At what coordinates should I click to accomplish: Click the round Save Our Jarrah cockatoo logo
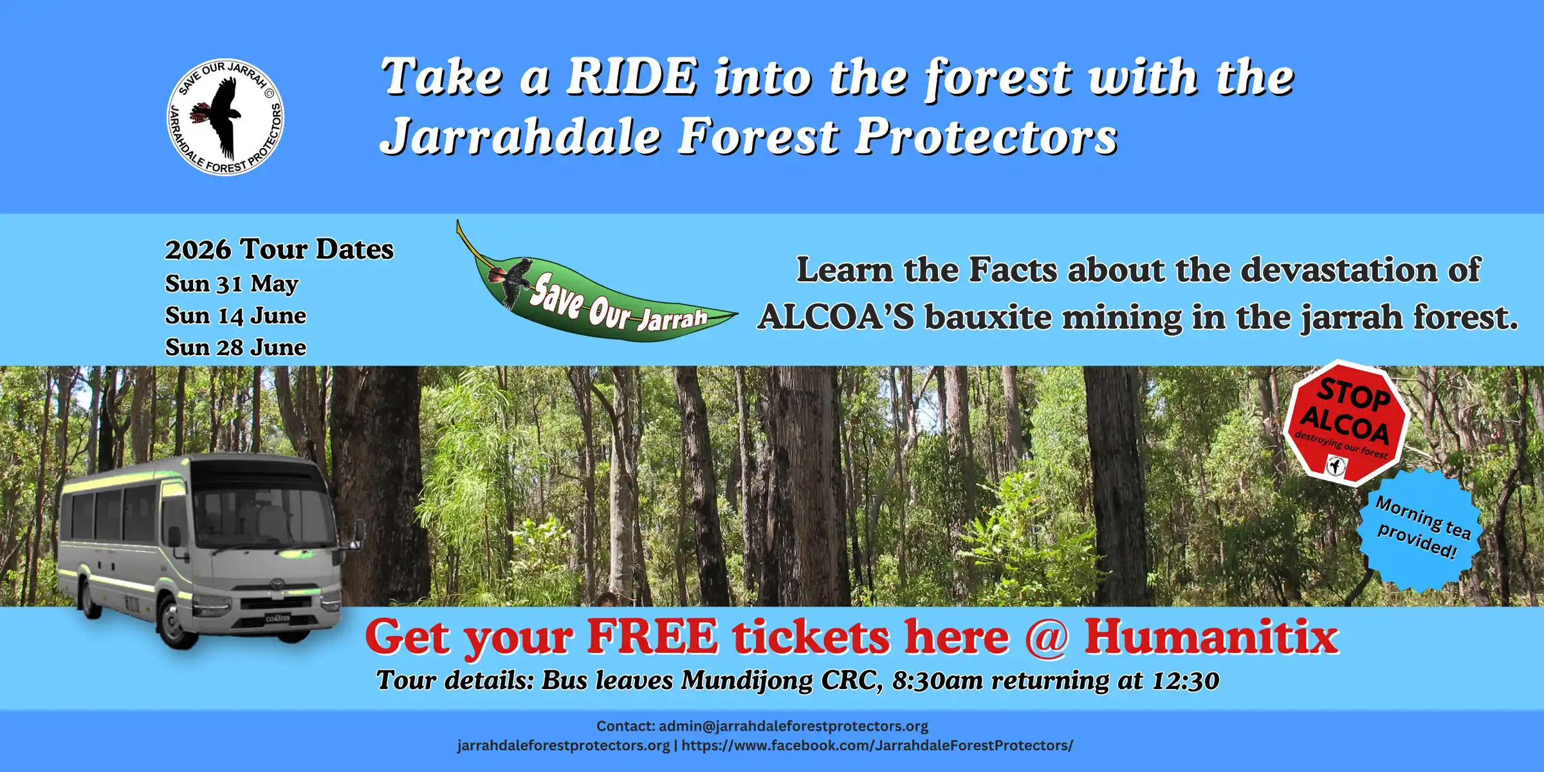pos(225,116)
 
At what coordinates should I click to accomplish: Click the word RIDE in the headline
pos(632,77)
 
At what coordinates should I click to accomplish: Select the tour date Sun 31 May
pos(232,284)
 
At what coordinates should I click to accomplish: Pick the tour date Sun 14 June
pos(235,315)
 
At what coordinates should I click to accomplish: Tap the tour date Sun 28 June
pos(235,347)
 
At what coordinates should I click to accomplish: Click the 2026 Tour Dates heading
pos(279,249)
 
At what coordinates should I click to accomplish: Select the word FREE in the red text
pos(652,636)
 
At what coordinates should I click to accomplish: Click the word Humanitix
pos(1211,636)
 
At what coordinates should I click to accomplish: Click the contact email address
pos(793,726)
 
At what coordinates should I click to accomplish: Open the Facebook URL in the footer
pos(878,746)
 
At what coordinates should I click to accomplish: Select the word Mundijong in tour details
pos(747,681)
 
